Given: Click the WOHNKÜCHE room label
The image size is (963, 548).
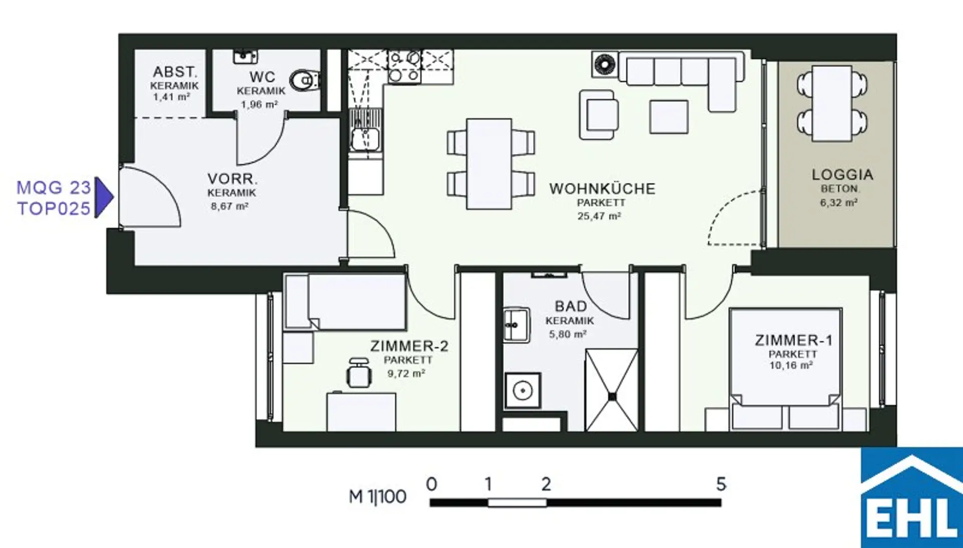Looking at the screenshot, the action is click(x=602, y=189).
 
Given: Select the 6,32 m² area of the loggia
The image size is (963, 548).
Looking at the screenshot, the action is click(x=839, y=203).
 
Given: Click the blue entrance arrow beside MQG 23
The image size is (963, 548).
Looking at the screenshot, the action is click(x=104, y=197).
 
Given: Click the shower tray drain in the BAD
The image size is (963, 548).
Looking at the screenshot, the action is click(x=612, y=396).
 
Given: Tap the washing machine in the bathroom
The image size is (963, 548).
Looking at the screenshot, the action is click(x=523, y=390).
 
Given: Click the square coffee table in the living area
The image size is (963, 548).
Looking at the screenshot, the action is click(x=669, y=116).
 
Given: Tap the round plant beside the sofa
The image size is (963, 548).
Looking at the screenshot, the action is click(x=604, y=64).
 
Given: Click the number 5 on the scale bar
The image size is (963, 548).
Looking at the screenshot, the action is click(x=721, y=484).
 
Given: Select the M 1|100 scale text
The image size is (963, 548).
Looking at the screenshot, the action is click(x=378, y=497).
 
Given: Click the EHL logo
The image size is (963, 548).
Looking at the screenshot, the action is click(x=911, y=497).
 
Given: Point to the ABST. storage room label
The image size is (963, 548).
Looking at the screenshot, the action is click(x=175, y=72).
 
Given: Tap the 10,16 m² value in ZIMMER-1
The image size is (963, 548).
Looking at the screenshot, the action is click(x=791, y=365).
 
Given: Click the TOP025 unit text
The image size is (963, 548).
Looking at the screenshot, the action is click(x=54, y=208).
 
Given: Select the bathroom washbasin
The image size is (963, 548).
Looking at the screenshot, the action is click(x=517, y=325).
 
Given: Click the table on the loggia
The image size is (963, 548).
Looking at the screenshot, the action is click(x=832, y=103).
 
